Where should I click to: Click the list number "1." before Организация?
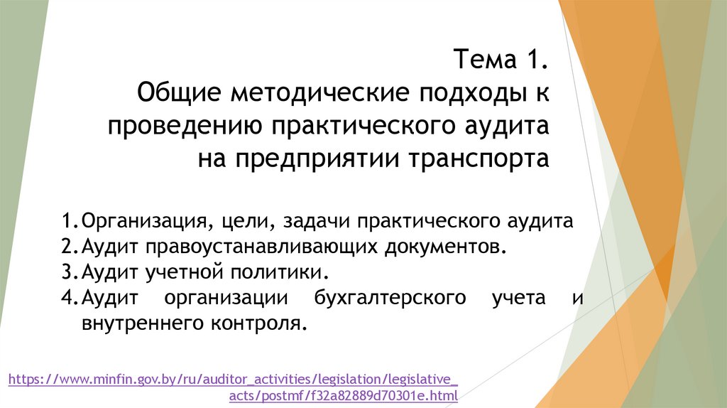(x=70, y=221)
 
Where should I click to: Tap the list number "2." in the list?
(x=70, y=246)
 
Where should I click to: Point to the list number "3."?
(x=70, y=272)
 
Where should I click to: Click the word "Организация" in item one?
(x=144, y=221)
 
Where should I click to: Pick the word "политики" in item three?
(x=288, y=272)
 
